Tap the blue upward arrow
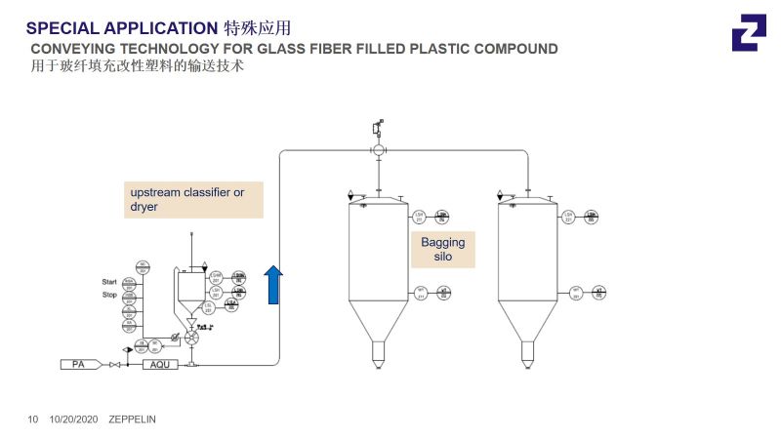[x=273, y=285]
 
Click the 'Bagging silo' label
[x=442, y=250]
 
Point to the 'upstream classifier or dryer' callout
[x=192, y=200]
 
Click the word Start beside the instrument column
[x=109, y=282]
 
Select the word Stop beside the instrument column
[x=109, y=293]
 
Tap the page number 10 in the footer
[x=32, y=419]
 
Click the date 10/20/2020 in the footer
[x=74, y=419]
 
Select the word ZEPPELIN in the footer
[x=132, y=419]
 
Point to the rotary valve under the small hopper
[x=191, y=338]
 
